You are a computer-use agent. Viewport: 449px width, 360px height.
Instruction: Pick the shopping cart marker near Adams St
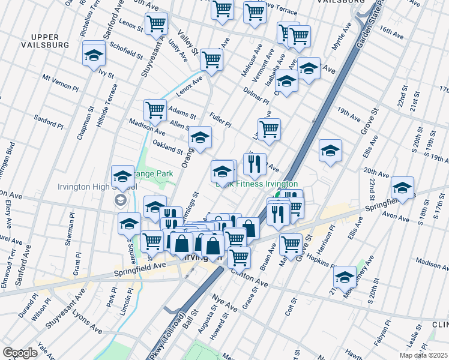(x=155, y=110)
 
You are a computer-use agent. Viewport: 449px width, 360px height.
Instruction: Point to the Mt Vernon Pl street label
(x=60, y=83)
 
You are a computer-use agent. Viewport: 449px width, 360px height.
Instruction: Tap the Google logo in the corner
(x=20, y=353)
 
